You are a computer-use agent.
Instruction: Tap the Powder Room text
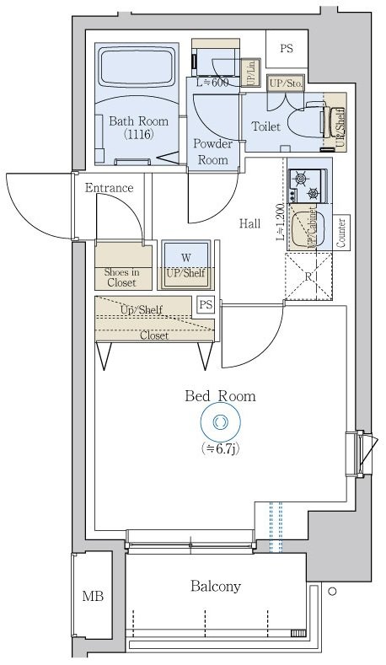coord(212,151)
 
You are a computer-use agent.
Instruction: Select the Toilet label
coord(266,127)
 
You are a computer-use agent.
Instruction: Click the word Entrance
coord(110,187)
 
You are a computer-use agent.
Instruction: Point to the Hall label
coord(249,223)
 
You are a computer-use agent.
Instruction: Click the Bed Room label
coord(220,395)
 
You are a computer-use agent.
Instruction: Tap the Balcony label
coord(216,586)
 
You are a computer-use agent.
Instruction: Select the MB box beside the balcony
coord(93,597)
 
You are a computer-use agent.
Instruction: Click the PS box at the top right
coord(287,49)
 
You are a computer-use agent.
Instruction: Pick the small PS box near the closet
coord(206,305)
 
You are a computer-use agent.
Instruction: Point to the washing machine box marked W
coord(185,257)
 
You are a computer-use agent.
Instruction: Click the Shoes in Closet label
coord(121,276)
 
